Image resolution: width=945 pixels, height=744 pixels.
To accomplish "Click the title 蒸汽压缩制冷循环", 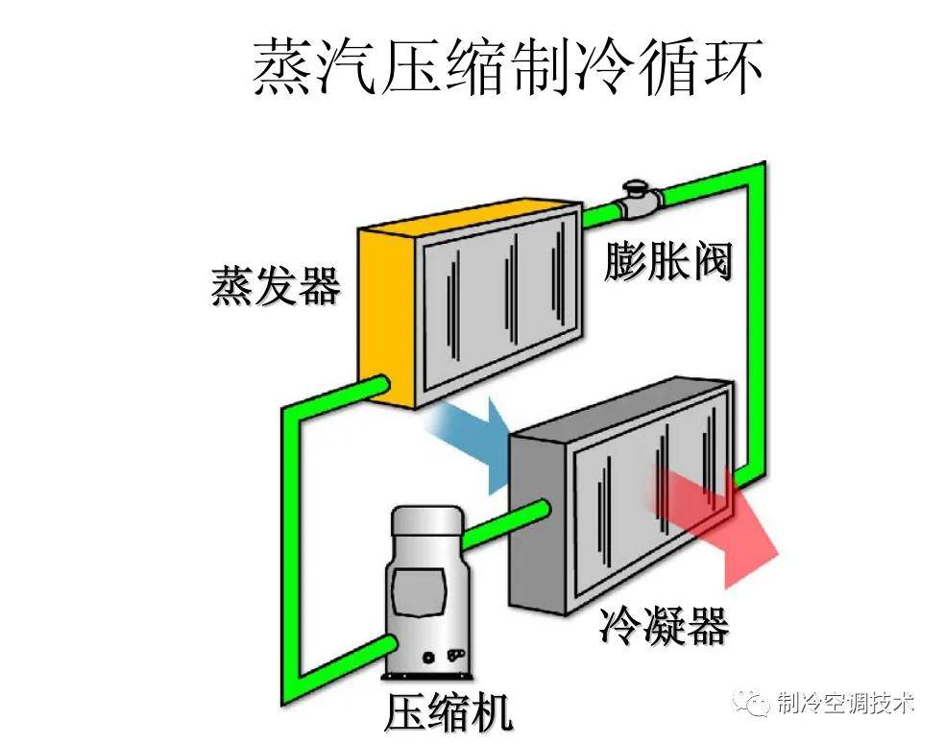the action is coord(507,67).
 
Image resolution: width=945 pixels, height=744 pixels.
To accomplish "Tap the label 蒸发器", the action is coord(276,285).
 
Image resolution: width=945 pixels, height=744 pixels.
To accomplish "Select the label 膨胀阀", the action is coord(667,261).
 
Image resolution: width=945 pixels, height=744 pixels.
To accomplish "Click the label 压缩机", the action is coord(448,712).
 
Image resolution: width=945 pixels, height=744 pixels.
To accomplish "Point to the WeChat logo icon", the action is coord(750,702).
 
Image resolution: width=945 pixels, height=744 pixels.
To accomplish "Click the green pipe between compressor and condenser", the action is coord(505,524).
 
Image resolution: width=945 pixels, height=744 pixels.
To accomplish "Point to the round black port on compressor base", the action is coord(428,658).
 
